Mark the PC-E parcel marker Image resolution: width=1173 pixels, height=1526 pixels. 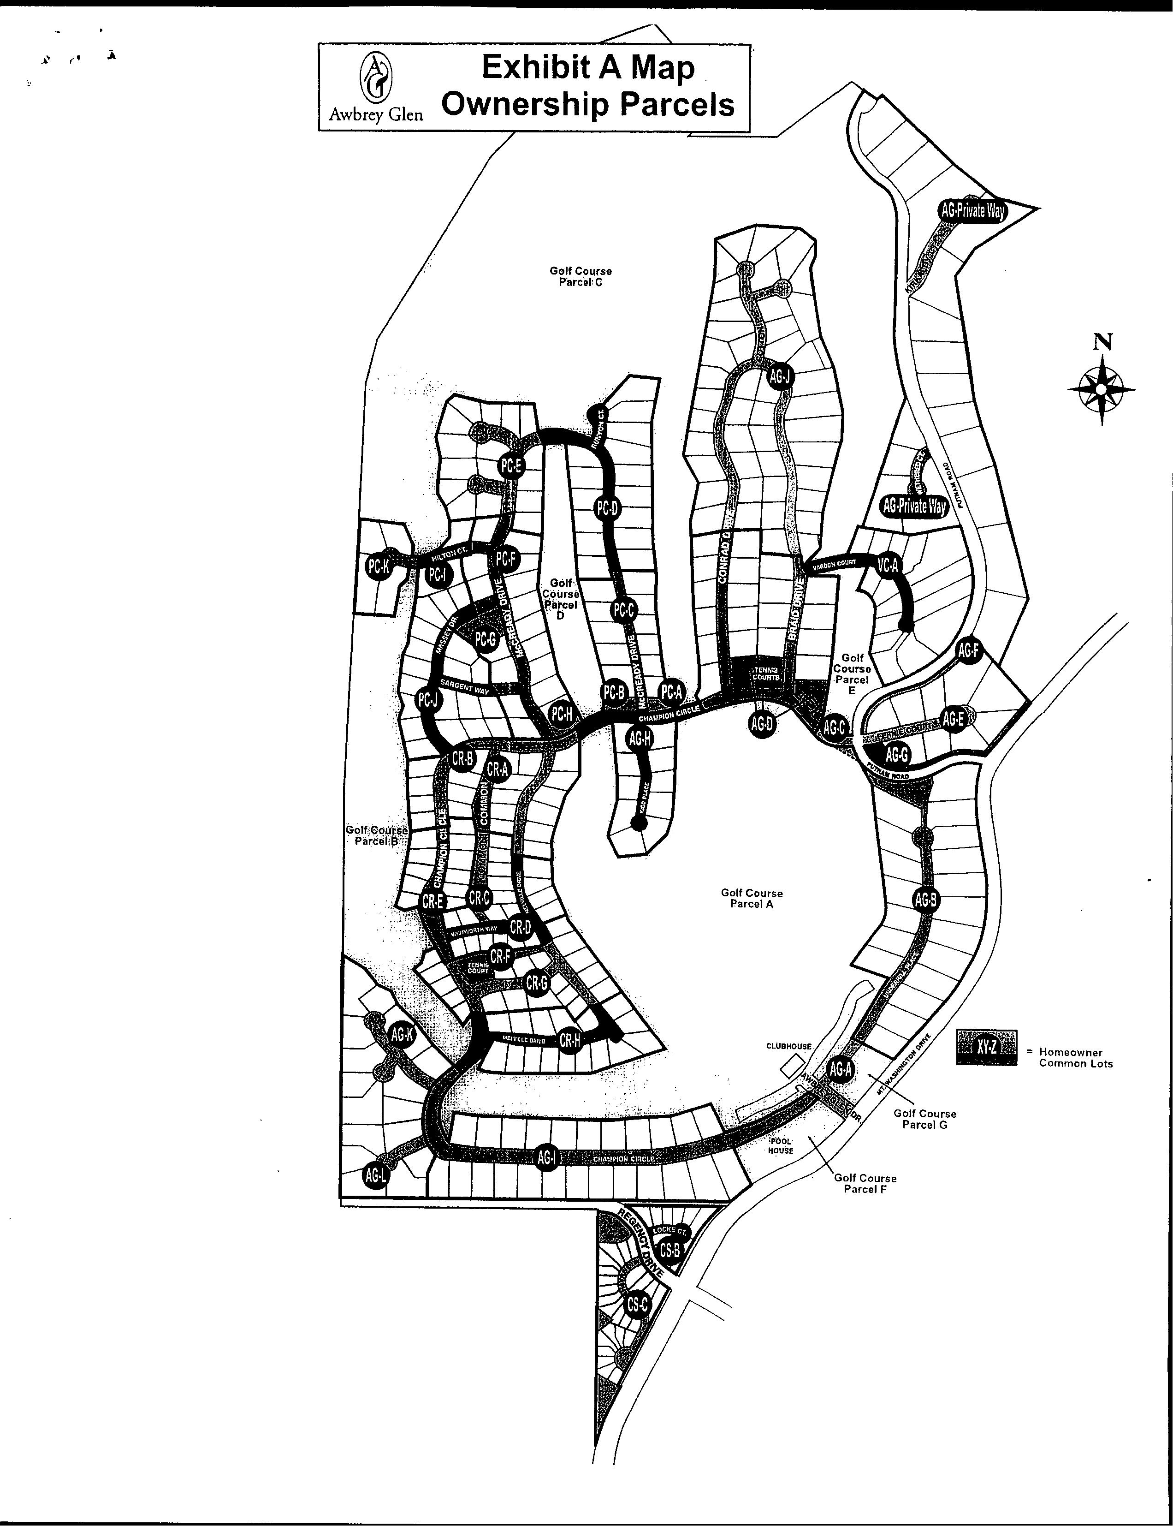pos(511,466)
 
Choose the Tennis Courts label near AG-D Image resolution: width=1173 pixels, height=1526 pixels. pos(766,673)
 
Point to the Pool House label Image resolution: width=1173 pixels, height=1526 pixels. pos(781,1145)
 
